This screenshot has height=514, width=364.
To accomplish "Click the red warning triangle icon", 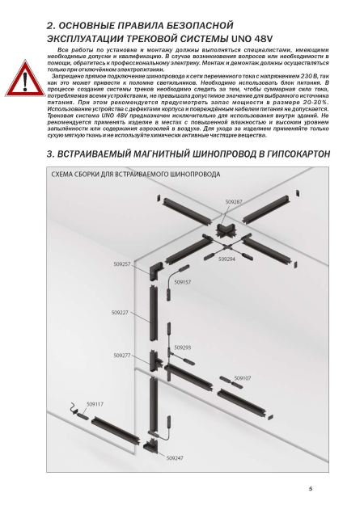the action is tap(25, 78).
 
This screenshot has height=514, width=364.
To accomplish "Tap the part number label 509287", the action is tap(234, 202).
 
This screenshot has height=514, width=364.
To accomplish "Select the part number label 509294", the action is tap(226, 259).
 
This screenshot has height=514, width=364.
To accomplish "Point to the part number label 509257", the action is tap(122, 264).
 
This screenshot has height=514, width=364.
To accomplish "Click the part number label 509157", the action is tap(183, 282).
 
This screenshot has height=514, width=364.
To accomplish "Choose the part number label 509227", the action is tap(120, 313).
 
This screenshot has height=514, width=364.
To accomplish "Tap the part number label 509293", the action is tap(183, 348).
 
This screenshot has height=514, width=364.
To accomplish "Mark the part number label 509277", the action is tap(122, 356).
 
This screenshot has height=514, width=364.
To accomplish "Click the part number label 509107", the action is tap(243, 378).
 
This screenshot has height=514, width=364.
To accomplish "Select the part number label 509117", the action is tap(95, 404).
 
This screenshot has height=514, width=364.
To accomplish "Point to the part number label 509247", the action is tap(175, 458).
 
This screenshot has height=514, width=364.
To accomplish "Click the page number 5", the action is tap(311, 489).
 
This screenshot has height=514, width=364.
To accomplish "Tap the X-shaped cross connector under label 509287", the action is tap(225, 230).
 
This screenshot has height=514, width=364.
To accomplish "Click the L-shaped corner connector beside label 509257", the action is tap(155, 271).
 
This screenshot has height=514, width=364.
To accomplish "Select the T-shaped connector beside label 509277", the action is tap(155, 361).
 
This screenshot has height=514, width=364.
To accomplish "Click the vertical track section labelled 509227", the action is tap(153, 314).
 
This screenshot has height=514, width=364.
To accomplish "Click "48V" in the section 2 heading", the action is tap(263, 39).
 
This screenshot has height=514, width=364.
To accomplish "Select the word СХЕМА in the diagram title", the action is tap(61, 174).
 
